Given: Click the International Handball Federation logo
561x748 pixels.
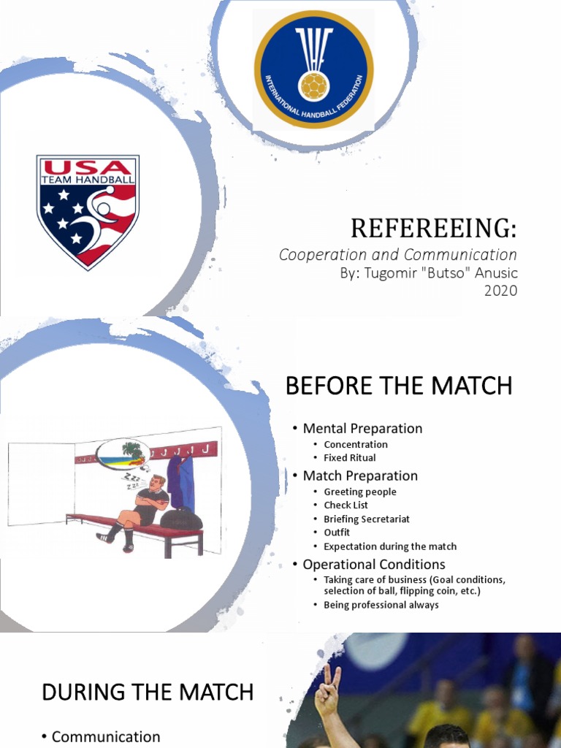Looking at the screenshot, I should tap(313, 69).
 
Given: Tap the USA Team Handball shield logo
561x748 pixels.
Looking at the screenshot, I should tap(88, 211).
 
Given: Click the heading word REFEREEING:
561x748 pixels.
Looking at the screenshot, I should tap(433, 229).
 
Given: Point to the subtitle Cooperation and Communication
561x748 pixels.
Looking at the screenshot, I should tap(398, 255).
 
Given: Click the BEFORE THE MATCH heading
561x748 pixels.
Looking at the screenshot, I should tap(399, 386).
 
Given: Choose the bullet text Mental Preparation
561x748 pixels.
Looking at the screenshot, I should tap(362, 428).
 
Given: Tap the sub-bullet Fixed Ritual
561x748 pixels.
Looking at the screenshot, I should tap(350, 458).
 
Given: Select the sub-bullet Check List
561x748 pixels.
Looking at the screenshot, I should tap(346, 505).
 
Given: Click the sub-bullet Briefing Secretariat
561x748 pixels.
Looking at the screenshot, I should tap(367, 519).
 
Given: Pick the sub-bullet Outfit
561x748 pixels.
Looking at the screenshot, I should tap(337, 533).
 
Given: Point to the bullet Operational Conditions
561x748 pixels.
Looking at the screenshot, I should tap(373, 564).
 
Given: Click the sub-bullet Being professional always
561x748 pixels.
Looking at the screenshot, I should tap(381, 605).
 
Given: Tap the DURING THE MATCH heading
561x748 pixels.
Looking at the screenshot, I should tap(148, 692).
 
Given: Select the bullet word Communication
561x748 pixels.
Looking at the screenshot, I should tap(106, 736).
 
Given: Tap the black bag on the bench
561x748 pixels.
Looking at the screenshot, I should tap(180, 518).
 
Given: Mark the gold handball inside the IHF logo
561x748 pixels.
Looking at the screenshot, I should tap(314, 85).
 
